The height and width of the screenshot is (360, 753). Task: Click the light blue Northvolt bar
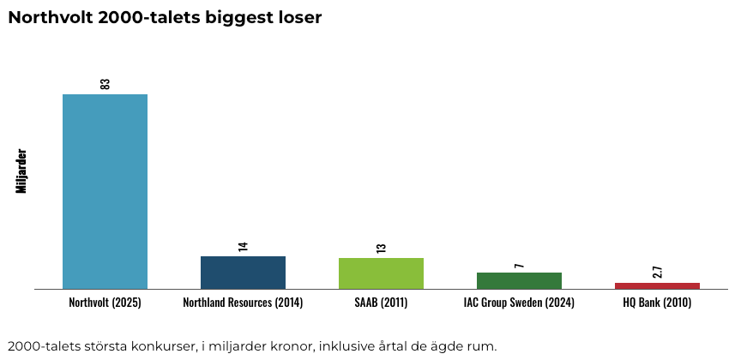[x=105, y=191]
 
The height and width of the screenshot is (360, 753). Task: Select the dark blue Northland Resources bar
[x=243, y=273]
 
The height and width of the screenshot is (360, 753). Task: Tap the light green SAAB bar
[x=381, y=273]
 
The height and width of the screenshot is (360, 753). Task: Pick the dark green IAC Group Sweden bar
[x=519, y=280]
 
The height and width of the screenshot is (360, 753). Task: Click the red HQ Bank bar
[x=657, y=285]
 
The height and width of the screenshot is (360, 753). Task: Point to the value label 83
[x=105, y=83]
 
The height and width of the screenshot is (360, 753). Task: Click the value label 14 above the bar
[x=244, y=246]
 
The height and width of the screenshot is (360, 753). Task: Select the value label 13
[x=382, y=248]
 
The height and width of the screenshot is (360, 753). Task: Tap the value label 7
[x=520, y=266]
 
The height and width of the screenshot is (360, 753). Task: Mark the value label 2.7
[x=658, y=272]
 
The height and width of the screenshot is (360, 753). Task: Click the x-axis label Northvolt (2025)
[x=105, y=303]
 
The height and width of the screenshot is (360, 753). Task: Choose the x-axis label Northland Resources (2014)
[x=243, y=303]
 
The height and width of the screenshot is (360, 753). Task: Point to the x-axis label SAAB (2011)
[x=381, y=303]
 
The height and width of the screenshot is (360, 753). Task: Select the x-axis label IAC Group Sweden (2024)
[x=519, y=303]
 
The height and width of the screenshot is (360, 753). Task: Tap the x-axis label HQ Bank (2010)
[x=657, y=303]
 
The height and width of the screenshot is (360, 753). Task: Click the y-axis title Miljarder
[x=22, y=171]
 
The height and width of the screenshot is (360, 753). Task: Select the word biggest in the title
[x=235, y=18]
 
